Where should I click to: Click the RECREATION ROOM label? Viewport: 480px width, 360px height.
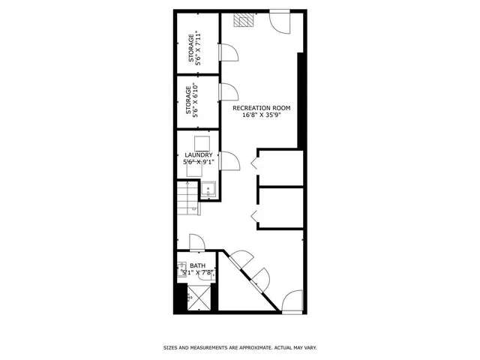261,108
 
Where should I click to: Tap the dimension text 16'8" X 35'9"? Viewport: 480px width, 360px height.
261,115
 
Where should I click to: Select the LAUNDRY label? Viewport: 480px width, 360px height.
199,155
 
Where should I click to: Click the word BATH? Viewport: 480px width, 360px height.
197,265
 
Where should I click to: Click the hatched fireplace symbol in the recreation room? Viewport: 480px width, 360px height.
243,20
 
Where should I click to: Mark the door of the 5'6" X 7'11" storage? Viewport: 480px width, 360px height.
227,53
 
